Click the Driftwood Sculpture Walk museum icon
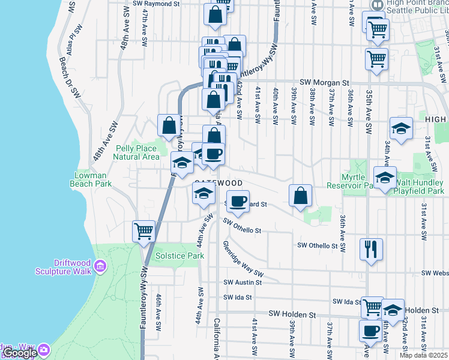(x=100, y=265)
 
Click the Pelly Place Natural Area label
(x=137, y=152)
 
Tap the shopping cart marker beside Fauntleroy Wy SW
(x=144, y=231)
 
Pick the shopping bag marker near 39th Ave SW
(x=300, y=196)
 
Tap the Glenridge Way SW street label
(x=243, y=259)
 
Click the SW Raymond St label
(x=156, y=4)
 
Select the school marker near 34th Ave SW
(x=401, y=128)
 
